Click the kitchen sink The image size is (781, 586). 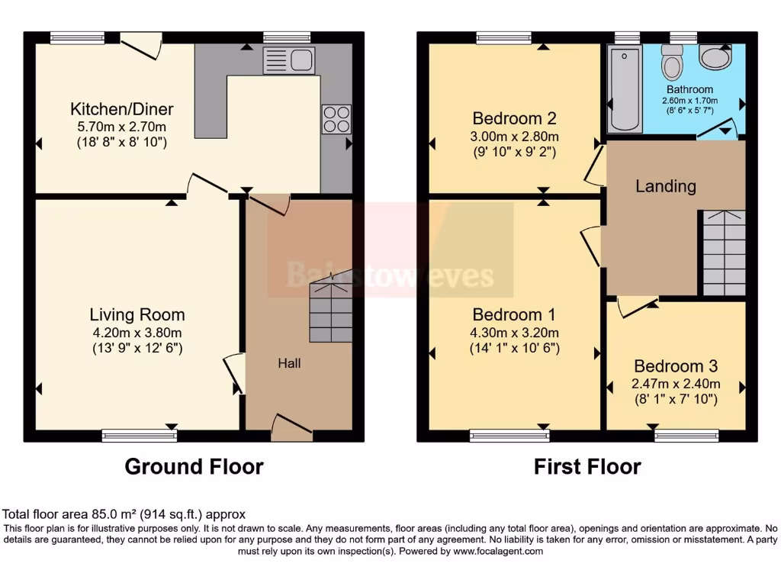click(289, 60)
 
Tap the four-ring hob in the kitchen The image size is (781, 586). click(336, 118)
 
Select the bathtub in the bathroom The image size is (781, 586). click(624, 89)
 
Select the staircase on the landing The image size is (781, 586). click(723, 253)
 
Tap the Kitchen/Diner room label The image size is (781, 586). click(122, 108)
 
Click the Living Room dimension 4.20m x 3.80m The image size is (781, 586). click(137, 332)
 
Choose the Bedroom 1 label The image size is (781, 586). click(514, 314)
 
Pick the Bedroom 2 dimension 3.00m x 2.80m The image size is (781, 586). click(515, 137)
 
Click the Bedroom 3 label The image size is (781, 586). click(675, 365)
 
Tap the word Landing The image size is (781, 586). click(666, 186)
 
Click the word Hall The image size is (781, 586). click(289, 363)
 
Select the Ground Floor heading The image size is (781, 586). click(194, 466)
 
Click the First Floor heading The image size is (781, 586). click(587, 466)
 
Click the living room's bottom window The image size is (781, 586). click(140, 436)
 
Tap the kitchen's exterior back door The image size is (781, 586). click(141, 46)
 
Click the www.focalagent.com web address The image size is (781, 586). click(497, 551)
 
